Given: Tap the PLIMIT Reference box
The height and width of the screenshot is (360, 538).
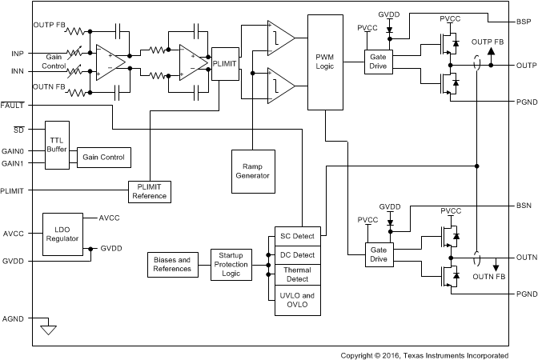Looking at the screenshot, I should click(150, 191).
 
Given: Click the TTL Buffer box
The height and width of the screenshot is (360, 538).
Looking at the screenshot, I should click(57, 145).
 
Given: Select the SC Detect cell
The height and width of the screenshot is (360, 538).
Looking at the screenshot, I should click(296, 236).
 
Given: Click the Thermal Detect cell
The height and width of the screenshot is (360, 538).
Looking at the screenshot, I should click(296, 274).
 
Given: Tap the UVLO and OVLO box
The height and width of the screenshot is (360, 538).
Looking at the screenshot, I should click(296, 302).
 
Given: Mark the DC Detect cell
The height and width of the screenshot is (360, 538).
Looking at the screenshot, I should click(296, 254).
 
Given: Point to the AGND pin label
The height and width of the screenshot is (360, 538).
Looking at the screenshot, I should click(13, 318).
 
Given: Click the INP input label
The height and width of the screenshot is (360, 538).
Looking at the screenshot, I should click(18, 54).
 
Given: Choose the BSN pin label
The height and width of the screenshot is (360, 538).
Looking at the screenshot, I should click(524, 206).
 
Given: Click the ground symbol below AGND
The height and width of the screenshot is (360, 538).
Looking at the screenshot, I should click(50, 328).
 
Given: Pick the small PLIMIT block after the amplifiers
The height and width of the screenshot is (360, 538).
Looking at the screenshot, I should click(224, 64).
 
